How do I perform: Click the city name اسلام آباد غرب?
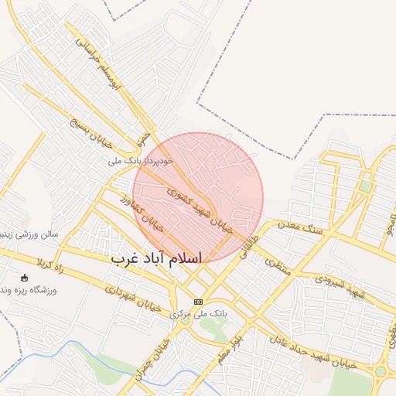point(155,258)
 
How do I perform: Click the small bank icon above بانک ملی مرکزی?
point(198,301)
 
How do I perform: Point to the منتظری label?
point(276,267)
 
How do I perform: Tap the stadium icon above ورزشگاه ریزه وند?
point(24,278)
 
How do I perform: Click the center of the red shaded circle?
point(198,198)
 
